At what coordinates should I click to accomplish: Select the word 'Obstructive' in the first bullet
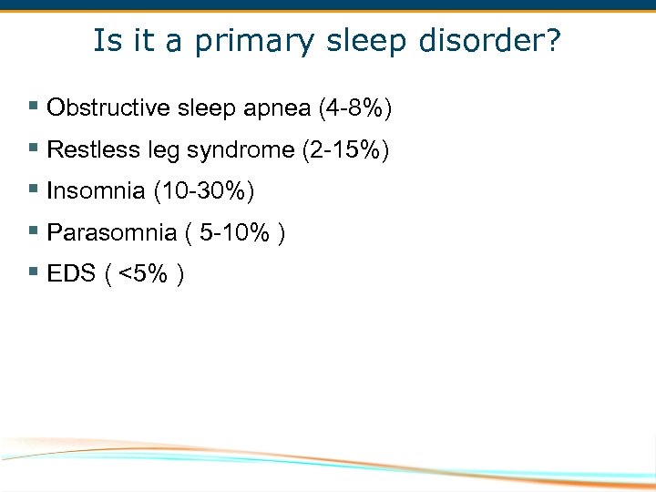tap(108, 108)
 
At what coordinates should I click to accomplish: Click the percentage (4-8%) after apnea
tap(354, 108)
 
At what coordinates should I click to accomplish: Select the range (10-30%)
tap(204, 190)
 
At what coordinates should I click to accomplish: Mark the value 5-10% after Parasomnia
tap(235, 232)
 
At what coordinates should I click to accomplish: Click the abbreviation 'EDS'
tap(71, 273)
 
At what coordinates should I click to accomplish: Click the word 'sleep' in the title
tap(338, 41)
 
